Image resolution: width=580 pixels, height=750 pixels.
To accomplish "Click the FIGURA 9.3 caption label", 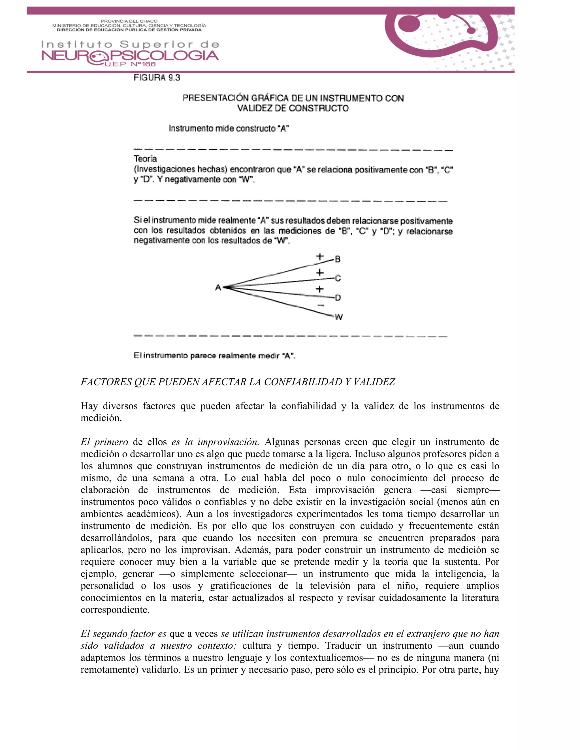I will pyautogui.click(x=157, y=78).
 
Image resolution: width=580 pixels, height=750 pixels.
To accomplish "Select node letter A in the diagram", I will pyautogui.click(x=218, y=288).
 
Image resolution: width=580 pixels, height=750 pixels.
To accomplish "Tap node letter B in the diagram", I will pyautogui.click(x=338, y=259).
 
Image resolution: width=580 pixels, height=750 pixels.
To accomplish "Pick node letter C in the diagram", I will pyautogui.click(x=338, y=278).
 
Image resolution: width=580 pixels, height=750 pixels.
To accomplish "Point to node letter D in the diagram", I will pyautogui.click(x=338, y=298).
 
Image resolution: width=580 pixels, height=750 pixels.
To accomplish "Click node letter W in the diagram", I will pyautogui.click(x=338, y=317).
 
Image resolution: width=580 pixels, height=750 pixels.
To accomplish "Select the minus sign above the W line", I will pyautogui.click(x=320, y=305).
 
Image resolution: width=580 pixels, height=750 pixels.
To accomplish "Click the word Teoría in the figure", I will pyautogui.click(x=145, y=159).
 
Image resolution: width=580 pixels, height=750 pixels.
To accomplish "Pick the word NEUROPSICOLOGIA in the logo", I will pyautogui.click(x=130, y=56).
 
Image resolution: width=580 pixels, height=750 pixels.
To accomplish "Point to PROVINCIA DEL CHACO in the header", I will pyautogui.click(x=129, y=21).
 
